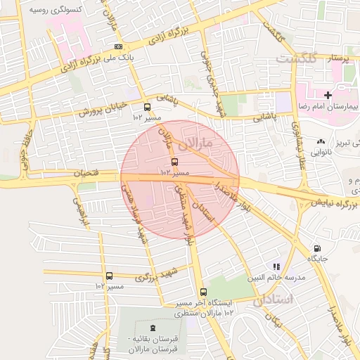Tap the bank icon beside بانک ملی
117,46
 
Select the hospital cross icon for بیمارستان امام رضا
328,94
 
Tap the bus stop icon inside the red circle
175,162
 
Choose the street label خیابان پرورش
101,109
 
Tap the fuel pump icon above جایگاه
317,248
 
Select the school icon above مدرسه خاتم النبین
277,266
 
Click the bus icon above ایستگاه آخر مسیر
203,292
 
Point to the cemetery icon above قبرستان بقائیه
153,328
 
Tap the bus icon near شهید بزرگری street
108,276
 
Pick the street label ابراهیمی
79,212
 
